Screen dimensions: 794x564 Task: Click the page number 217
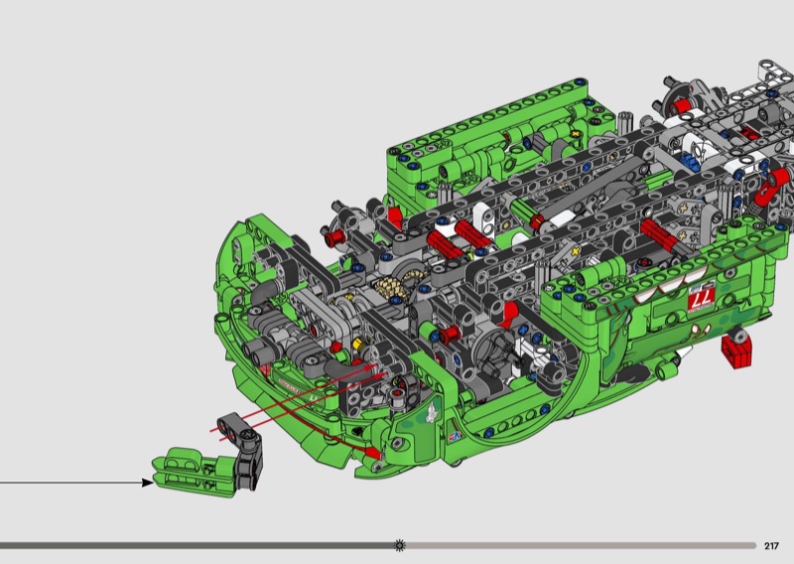click(771, 546)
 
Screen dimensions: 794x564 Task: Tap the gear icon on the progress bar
click(400, 545)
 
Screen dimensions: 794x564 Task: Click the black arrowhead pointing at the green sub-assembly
click(147, 483)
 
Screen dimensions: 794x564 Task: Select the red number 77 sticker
click(702, 298)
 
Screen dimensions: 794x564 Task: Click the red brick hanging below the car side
click(736, 350)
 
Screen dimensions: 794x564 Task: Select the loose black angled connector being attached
click(243, 445)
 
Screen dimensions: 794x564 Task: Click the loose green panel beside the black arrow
click(193, 472)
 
